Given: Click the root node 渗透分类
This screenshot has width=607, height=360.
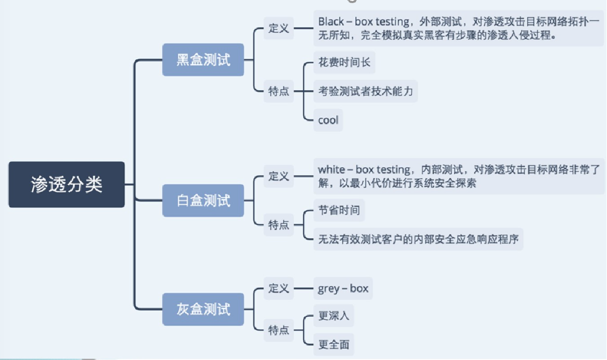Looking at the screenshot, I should [66, 185].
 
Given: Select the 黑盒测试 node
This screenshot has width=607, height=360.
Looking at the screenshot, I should [203, 60].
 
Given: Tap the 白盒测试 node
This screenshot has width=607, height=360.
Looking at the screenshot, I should [203, 201].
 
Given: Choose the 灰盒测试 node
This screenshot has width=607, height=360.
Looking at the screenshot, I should [203, 309].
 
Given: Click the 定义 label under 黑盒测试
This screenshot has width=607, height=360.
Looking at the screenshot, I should [279, 29].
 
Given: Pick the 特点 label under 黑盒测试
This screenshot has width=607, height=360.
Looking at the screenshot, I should [279, 92].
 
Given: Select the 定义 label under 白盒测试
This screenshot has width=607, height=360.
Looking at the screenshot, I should [279, 177].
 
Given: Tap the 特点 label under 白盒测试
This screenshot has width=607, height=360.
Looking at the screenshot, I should [279, 225].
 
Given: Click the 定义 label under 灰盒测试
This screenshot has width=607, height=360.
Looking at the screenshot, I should [279, 289].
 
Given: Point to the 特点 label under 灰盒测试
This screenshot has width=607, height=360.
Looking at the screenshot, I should [279, 330].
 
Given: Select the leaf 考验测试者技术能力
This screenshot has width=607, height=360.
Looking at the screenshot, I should [365, 92].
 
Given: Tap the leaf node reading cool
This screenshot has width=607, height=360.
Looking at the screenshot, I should [328, 120].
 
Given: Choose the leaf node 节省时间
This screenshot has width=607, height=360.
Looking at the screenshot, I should [339, 210].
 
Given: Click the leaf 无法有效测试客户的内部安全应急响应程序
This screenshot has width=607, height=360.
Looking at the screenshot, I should [418, 239].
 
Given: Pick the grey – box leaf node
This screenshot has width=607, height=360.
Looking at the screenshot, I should [343, 289].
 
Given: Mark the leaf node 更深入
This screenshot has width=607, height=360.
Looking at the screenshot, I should [334, 316].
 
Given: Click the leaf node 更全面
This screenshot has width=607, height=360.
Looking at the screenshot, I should [334, 344].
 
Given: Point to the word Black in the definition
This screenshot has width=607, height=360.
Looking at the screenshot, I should [331, 21].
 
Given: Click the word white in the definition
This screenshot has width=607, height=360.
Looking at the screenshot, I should [331, 170].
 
